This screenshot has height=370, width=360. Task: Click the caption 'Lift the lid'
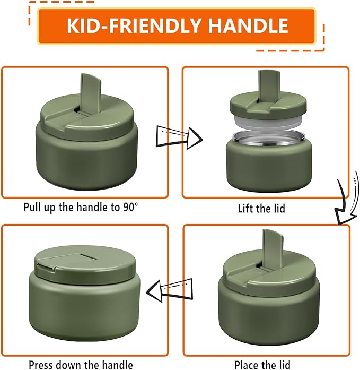(x=261, y=208)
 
